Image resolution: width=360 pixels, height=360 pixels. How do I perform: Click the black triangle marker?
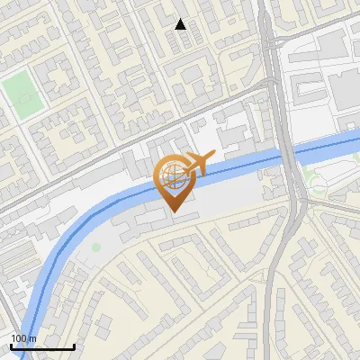tap(181, 24)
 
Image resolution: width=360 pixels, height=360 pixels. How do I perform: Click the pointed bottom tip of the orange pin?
tap(174, 212)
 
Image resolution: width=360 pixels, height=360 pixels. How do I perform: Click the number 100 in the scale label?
tap(17, 338)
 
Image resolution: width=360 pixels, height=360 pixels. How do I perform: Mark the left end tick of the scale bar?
tap(11, 346)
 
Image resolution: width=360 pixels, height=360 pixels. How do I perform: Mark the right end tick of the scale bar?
tap(74, 346)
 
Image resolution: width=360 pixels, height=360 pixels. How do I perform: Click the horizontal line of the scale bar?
tap(42, 347)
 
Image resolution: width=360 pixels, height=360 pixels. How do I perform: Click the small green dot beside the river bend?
tap(96, 247)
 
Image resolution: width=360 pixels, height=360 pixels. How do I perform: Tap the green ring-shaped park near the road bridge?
tap(317, 185)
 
